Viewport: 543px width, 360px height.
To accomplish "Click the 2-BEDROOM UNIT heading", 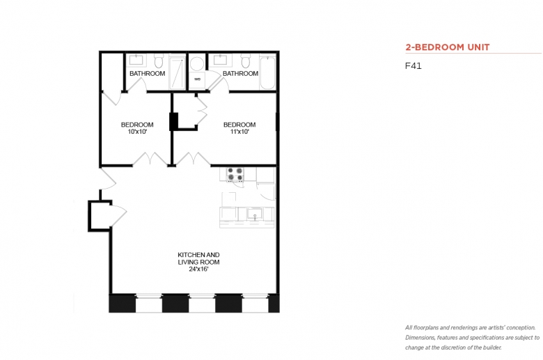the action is (x=448, y=47).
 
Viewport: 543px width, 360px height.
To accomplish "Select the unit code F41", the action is (x=414, y=66).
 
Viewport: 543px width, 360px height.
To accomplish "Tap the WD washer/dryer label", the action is (x=198, y=79).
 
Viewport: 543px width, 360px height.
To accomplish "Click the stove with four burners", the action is (x=235, y=175).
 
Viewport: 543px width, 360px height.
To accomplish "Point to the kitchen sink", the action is (x=255, y=214).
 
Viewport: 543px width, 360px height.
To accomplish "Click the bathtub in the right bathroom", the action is (x=267, y=72).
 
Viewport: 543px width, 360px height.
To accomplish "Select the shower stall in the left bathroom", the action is (x=178, y=73).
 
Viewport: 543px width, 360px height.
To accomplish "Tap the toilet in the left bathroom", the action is (x=159, y=61).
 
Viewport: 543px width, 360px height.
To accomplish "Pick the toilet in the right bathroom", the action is (x=246, y=61).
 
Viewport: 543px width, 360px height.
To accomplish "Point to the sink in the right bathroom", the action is (x=220, y=61).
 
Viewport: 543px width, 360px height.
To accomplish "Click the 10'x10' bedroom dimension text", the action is (x=137, y=132).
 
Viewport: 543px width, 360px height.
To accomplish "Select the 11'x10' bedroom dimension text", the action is (x=239, y=132).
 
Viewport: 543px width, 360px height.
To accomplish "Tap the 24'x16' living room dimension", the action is (x=199, y=269).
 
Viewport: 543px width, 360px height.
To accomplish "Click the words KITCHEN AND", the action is (x=199, y=255).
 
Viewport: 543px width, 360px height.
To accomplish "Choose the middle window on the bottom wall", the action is (x=202, y=303).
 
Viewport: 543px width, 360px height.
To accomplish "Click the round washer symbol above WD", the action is (x=197, y=65).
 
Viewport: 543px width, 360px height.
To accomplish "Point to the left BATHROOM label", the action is (x=147, y=73).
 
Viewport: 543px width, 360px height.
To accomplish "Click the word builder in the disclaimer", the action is (x=491, y=347).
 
